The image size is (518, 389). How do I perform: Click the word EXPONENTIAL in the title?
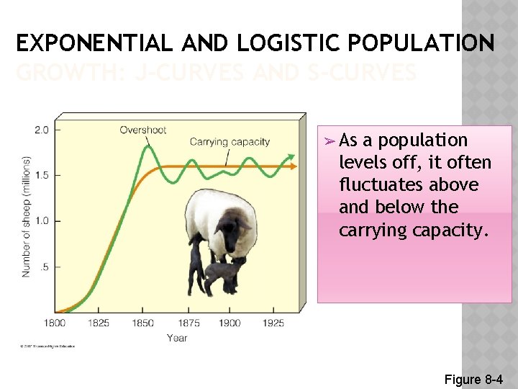coord(94,44)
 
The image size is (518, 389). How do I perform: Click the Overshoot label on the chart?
coord(143,130)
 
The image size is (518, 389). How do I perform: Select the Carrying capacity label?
coord(230,142)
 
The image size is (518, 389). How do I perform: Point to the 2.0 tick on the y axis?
coord(42,130)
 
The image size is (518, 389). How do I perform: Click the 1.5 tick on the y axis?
coord(42,175)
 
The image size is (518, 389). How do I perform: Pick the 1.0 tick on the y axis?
coord(42,220)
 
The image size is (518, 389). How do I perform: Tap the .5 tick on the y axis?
coord(45,267)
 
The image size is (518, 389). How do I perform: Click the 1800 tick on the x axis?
coord(55,323)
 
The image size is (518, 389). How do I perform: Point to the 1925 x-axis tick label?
coord(273,323)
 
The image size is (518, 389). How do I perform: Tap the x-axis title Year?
coord(177,337)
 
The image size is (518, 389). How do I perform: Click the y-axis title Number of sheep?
coord(26,216)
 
